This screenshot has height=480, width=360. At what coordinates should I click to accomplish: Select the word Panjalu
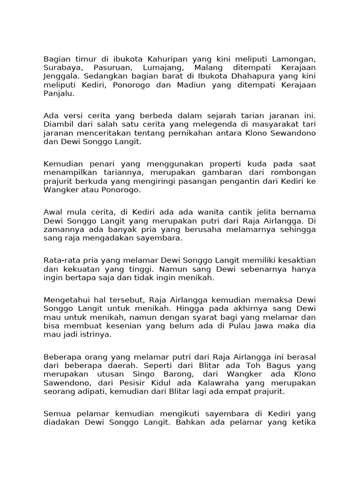[59, 93]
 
